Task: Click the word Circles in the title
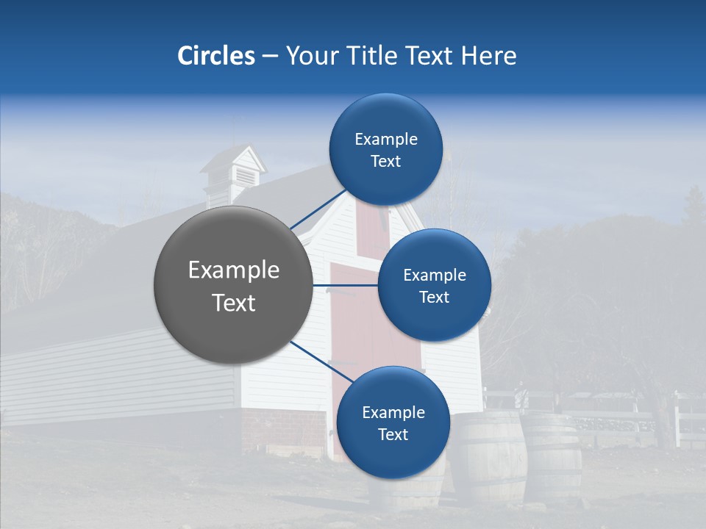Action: coord(215,56)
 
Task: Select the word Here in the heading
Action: coord(488,56)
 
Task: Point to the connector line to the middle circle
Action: coord(346,285)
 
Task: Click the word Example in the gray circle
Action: coord(234,270)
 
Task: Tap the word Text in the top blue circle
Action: coord(385,162)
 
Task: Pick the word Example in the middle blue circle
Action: coord(434,276)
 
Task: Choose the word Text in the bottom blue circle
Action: coord(393,435)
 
